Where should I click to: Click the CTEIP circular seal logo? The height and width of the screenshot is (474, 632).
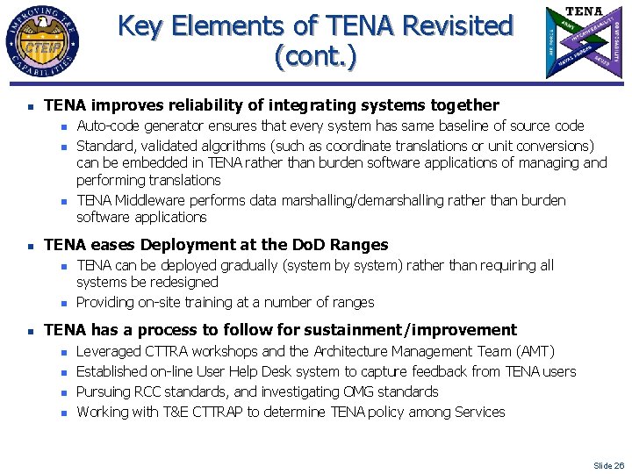41,42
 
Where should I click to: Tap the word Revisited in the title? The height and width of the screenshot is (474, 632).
456,25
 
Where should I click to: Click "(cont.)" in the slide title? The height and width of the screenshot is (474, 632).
315,57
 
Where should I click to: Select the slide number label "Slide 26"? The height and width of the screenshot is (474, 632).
608,465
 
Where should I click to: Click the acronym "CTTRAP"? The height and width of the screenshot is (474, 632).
231,413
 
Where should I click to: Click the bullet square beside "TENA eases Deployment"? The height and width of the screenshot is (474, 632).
29,246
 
